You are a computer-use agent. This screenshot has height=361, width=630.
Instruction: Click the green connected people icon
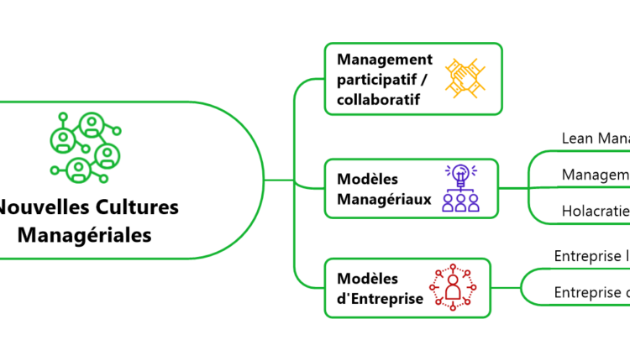click(84, 148)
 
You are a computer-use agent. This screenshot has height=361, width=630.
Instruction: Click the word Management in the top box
click(385, 60)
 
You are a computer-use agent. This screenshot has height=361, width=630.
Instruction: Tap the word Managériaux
click(384, 199)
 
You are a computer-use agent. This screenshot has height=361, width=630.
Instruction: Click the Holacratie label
click(596, 212)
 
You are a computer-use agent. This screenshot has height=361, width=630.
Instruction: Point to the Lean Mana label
click(596, 138)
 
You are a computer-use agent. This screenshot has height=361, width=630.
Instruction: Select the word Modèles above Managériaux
click(367, 179)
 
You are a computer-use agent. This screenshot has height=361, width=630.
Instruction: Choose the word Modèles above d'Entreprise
click(367, 279)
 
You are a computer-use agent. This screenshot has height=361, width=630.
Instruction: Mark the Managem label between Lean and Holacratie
click(596, 175)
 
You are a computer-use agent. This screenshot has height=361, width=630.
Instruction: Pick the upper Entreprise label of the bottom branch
click(591, 256)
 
